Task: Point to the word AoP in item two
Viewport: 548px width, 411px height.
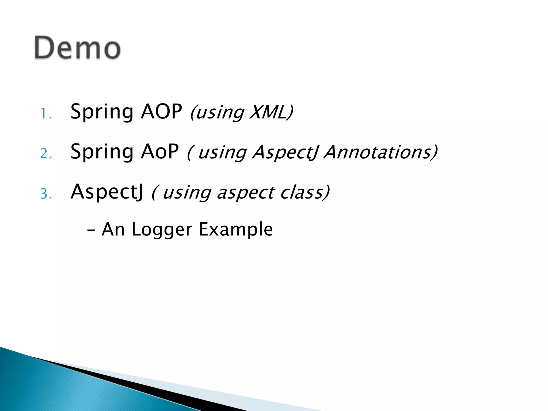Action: [x=160, y=151]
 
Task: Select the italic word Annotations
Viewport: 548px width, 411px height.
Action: [x=380, y=152]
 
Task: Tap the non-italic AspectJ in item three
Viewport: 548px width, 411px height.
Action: [x=107, y=192]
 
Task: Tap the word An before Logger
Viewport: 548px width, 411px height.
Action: [x=113, y=230]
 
